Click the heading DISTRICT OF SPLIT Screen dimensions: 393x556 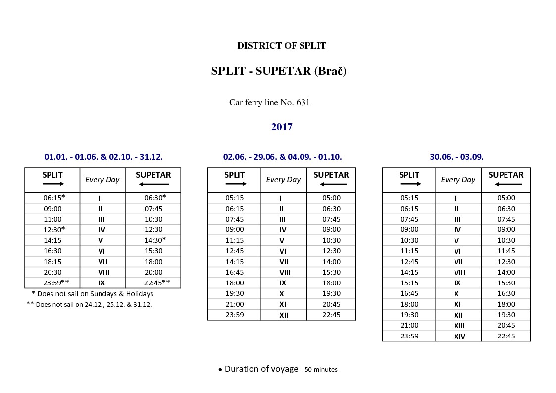281,46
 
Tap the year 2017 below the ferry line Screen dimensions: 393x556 282,127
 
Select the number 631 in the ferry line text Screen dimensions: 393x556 303,103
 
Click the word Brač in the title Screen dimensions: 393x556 330,71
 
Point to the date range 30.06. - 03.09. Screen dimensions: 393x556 456,157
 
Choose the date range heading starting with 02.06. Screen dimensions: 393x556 282,157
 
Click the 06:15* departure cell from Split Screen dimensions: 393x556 54,198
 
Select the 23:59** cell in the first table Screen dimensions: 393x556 54,283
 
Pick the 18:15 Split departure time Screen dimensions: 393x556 52,262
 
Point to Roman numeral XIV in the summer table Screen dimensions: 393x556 459,337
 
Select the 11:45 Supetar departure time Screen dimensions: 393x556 506,251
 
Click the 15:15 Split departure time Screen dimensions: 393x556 409,283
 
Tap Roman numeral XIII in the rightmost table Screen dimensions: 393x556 459,326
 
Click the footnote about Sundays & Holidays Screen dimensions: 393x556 92,294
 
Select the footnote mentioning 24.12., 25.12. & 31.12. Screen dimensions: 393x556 89,304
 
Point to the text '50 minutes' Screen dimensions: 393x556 321,370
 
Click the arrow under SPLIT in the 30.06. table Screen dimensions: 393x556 410,184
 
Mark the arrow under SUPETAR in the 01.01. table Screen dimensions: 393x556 153,184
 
